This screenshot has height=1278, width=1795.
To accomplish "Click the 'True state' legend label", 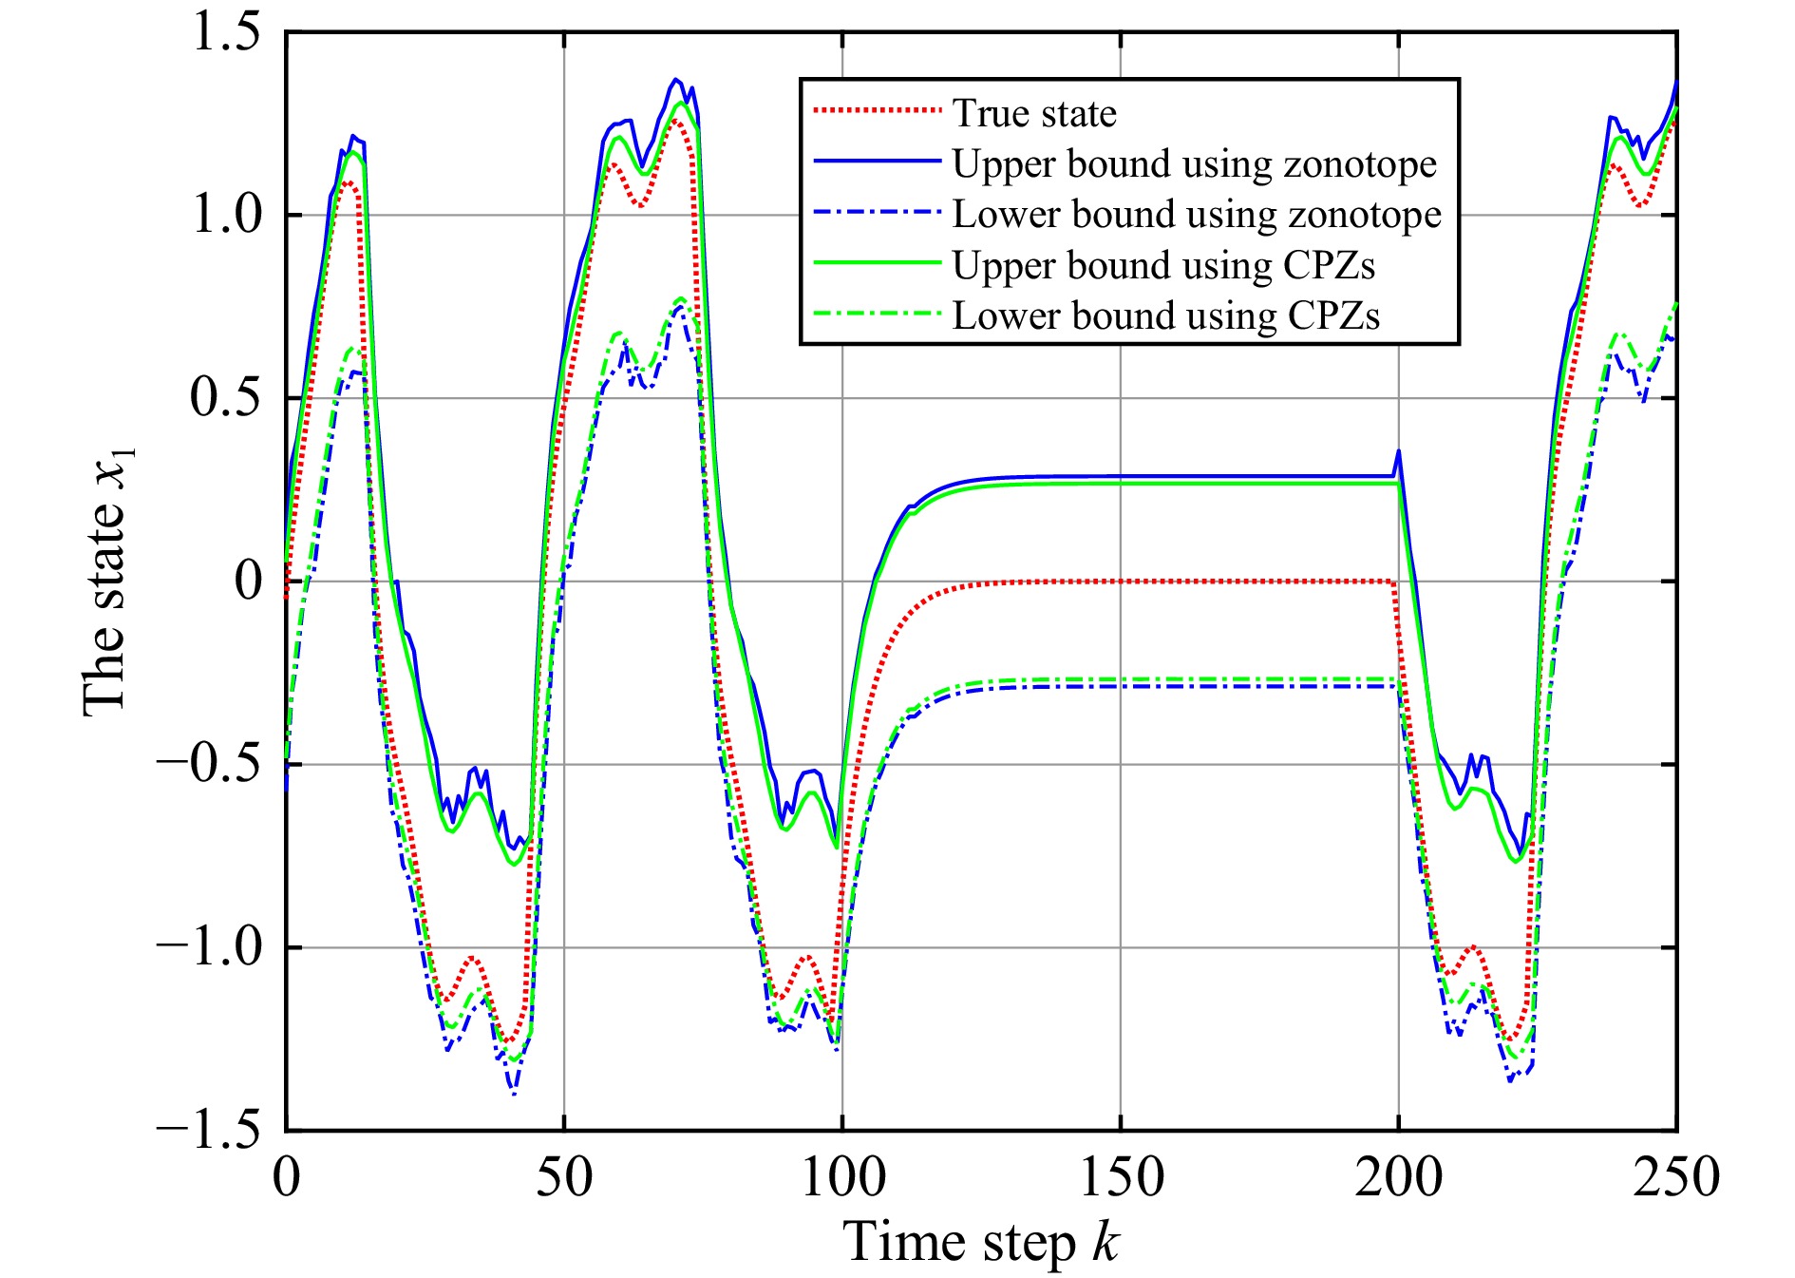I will coord(1034,114).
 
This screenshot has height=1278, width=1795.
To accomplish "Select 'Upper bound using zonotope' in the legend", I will coord(1195,164).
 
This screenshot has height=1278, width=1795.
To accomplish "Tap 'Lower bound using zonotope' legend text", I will coord(1197,215).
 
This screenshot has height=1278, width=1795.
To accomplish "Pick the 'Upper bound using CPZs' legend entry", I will coord(1163,266).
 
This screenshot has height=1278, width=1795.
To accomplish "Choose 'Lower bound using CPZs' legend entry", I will coord(1165,316).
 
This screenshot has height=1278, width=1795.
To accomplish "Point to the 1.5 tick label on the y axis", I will coord(226,33).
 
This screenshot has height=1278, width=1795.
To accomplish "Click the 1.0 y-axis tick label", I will coord(226,216).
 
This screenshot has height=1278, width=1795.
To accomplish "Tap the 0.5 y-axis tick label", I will coord(226,398).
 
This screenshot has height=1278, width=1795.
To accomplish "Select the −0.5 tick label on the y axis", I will coord(209,764).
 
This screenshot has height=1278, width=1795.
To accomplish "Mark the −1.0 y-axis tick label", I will coord(209,947).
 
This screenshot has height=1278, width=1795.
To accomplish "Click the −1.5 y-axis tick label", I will coord(209,1130).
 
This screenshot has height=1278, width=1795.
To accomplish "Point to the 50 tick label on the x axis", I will coord(564,1177).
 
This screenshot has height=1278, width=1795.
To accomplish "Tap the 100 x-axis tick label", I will coord(842,1177).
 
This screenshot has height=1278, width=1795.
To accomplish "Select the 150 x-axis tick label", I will coord(1121,1177).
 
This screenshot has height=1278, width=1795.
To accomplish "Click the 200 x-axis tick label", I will coord(1398,1177).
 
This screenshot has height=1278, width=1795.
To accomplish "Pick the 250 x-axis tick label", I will coord(1676,1177).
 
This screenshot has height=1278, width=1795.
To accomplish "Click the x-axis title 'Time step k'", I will coord(981,1242).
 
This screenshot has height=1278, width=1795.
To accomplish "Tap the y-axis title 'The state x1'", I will coord(106,582).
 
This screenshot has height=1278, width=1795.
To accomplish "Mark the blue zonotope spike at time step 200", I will coord(1398,452).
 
